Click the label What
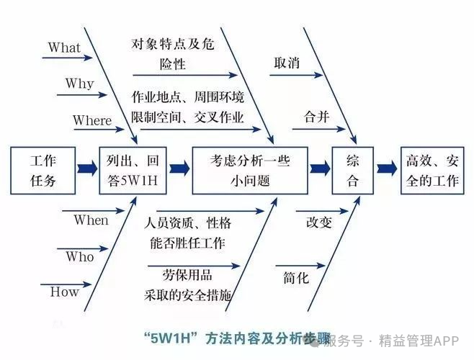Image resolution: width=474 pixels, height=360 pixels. tap(64, 48)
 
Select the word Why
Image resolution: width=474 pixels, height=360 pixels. tap(79, 84)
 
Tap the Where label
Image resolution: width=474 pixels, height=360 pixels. tap(92, 120)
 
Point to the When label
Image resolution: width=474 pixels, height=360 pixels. tap(91, 220)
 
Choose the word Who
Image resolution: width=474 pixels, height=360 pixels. tap(79, 256)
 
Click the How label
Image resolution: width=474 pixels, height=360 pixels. tap(64, 292)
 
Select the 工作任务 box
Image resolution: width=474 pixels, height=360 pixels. tap(43, 170)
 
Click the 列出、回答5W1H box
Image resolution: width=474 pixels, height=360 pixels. tap(133, 170)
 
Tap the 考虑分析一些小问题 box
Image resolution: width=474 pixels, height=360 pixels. tap(249, 170)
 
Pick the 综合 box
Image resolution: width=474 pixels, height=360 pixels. tap(353, 170)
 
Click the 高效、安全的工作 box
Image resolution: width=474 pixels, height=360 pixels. tap(431, 170)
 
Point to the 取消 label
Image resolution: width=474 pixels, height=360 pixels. tap(287, 62)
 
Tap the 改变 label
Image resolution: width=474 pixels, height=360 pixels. tap(318, 222)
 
